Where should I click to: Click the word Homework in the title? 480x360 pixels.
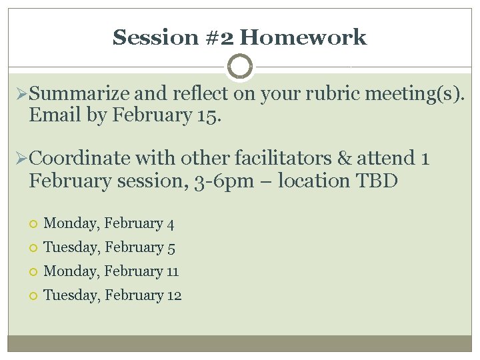(x=303, y=37)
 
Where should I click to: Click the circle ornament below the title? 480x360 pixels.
(x=240, y=67)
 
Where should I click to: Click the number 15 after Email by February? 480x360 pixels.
(x=208, y=116)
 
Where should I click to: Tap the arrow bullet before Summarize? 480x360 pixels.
(x=20, y=94)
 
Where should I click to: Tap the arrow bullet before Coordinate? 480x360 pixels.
(x=20, y=159)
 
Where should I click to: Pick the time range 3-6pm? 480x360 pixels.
(x=215, y=181)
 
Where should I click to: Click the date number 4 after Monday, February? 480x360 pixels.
(x=170, y=224)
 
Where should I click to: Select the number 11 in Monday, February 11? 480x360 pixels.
(x=173, y=271)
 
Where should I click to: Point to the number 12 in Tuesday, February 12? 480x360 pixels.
(x=174, y=295)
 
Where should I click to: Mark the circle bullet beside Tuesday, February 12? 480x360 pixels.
(x=33, y=296)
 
